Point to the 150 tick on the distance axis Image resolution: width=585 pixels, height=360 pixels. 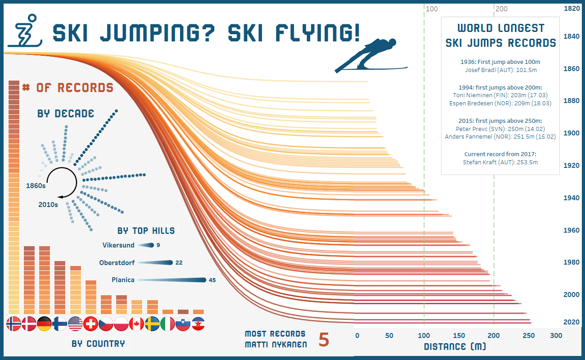[x=459, y=336]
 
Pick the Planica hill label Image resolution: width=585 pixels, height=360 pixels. [x=123, y=280]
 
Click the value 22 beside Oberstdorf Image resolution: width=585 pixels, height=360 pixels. [x=179, y=263]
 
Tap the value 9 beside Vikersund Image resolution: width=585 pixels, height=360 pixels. [x=158, y=245]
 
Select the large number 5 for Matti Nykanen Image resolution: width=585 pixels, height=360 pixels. [x=324, y=340]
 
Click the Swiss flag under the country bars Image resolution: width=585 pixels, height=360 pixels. [x=90, y=324]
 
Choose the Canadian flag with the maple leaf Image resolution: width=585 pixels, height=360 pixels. [x=136, y=324]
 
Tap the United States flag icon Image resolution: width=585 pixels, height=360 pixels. [x=75, y=324]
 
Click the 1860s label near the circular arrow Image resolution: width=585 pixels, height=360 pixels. [x=36, y=185]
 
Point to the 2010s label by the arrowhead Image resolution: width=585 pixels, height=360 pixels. [x=48, y=205]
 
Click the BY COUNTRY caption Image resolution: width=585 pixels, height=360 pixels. [x=98, y=344]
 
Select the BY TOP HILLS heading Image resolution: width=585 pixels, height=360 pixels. [x=146, y=231]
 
